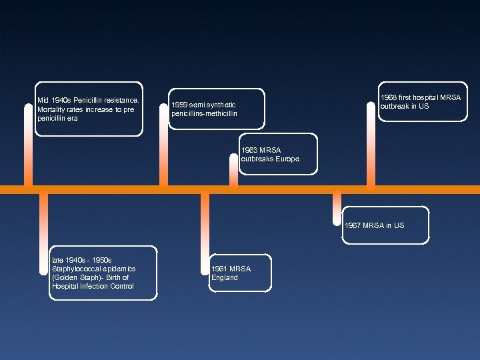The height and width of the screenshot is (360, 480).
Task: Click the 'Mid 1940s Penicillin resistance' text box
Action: pyautogui.click(x=89, y=109)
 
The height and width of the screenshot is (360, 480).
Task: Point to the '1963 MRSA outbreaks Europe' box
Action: pyautogui.click(x=278, y=155)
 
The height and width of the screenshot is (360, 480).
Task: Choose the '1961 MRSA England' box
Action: pyautogui.click(x=240, y=273)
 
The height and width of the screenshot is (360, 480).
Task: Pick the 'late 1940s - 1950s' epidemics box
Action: pyautogui.click(x=103, y=273)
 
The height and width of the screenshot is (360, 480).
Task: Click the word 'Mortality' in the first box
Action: pyautogui.click(x=53, y=109)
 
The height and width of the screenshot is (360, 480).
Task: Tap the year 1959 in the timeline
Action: pyautogui.click(x=180, y=105)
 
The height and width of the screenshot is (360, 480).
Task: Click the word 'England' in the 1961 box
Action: pyautogui.click(x=224, y=278)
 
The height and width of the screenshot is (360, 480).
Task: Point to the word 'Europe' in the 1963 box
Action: pyautogui.click(x=287, y=159)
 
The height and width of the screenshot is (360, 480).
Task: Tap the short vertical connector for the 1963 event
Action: pyautogui.click(x=233, y=170)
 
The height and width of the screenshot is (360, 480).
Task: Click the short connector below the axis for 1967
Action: pyautogui.click(x=337, y=204)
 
